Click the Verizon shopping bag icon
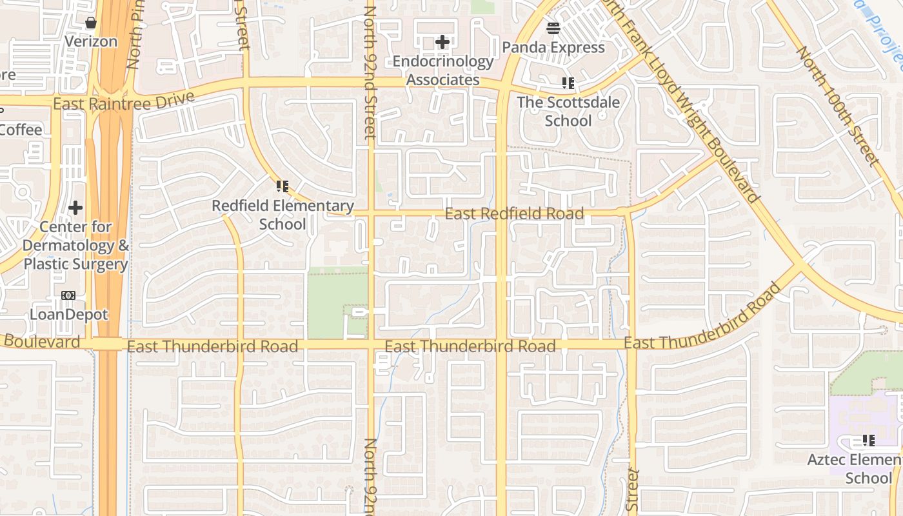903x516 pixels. [x=91, y=23]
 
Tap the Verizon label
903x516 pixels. [x=91, y=42]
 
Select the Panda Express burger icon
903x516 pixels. [x=553, y=28]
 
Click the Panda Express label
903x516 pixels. [x=553, y=48]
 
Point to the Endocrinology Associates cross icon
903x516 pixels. [x=442, y=43]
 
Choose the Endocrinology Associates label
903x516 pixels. [x=443, y=71]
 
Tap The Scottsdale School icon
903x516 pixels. [x=568, y=83]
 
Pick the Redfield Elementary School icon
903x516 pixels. [x=283, y=187]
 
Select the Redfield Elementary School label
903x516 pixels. [x=283, y=215]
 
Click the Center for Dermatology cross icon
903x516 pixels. [x=75, y=208]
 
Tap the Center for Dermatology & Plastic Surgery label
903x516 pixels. [x=75, y=246]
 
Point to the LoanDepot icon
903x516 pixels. [x=68, y=295]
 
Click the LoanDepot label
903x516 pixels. [x=68, y=315]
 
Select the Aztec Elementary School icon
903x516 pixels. [x=869, y=441]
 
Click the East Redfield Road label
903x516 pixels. [x=514, y=213]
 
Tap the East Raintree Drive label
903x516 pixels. [x=123, y=102]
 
